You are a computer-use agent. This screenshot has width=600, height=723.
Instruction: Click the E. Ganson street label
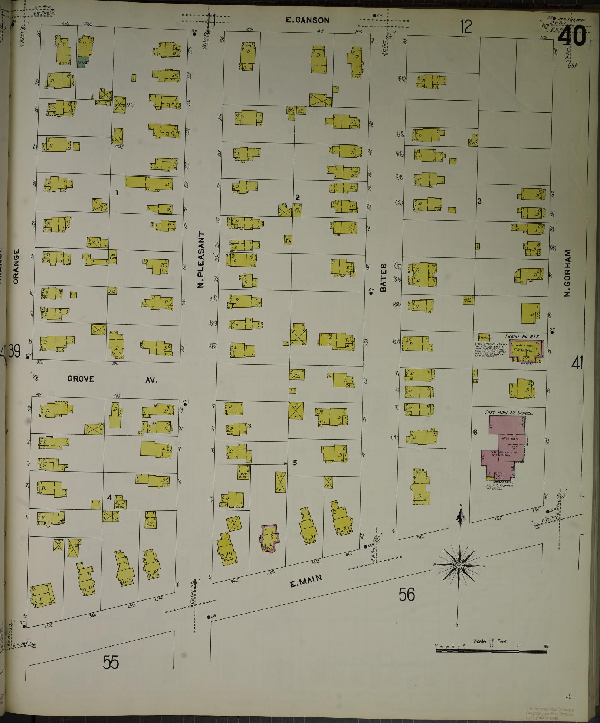click(308, 20)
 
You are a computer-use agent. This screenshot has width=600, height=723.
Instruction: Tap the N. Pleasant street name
click(201, 260)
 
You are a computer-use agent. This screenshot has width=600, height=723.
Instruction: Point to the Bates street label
click(384, 277)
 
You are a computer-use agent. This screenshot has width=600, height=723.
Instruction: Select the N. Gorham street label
click(567, 273)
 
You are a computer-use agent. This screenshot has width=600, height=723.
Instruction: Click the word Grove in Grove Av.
click(81, 379)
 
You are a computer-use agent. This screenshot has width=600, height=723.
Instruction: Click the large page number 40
click(572, 36)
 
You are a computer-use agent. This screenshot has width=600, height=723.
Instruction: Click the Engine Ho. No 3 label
click(522, 336)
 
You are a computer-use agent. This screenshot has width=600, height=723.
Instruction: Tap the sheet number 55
click(111, 663)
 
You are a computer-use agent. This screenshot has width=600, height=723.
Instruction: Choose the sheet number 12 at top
click(466, 27)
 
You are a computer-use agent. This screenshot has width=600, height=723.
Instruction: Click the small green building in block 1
click(82, 63)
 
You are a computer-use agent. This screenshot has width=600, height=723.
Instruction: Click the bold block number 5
click(295, 463)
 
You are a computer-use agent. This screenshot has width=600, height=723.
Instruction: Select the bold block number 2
click(298, 197)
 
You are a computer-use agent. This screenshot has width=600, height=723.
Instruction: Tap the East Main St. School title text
click(508, 413)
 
